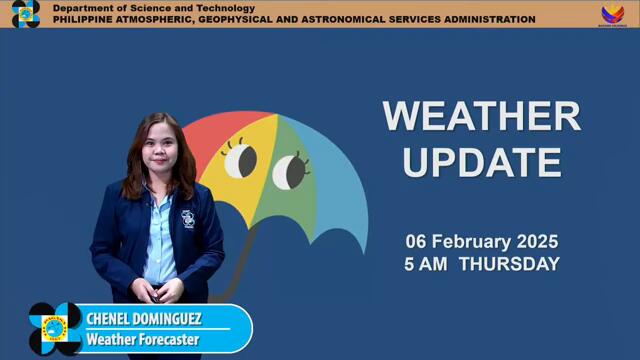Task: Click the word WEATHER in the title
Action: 481,116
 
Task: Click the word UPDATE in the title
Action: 481,161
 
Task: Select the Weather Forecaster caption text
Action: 143,340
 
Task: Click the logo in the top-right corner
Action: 612,14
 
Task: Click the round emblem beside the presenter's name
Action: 55,328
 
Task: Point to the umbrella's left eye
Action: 240,159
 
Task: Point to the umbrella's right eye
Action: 291,170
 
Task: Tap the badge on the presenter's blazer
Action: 188,219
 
